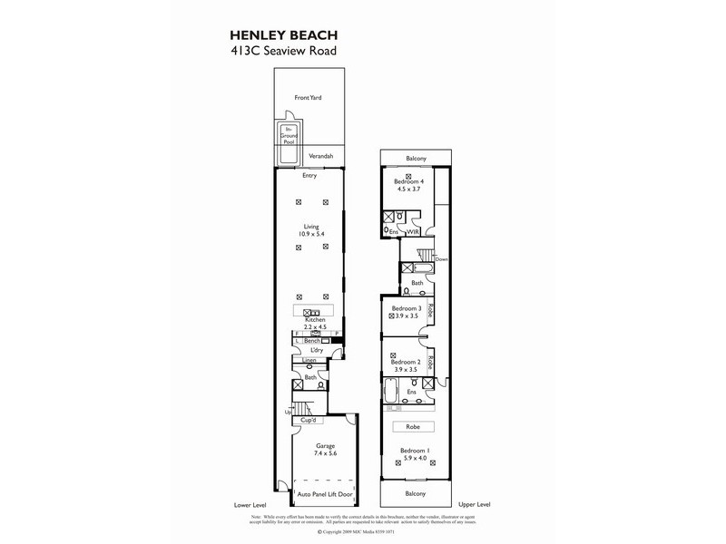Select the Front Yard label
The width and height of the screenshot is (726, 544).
tap(309, 97)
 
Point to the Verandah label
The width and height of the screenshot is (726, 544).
tap(320, 157)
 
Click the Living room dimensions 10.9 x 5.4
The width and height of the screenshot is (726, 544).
tap(310, 235)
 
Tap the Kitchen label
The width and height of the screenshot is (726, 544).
tap(315, 320)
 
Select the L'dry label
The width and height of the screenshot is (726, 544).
tap(317, 350)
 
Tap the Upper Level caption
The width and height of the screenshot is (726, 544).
tap(476, 504)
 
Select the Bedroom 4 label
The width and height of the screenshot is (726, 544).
tap(408, 181)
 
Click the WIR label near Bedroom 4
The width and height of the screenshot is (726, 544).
tap(413, 232)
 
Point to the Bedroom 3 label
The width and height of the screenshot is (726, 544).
tap(406, 307)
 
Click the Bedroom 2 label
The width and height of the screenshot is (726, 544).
tap(406, 361)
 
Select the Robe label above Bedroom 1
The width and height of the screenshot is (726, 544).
tap(413, 426)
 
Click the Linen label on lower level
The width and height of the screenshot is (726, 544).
tap(309, 360)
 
